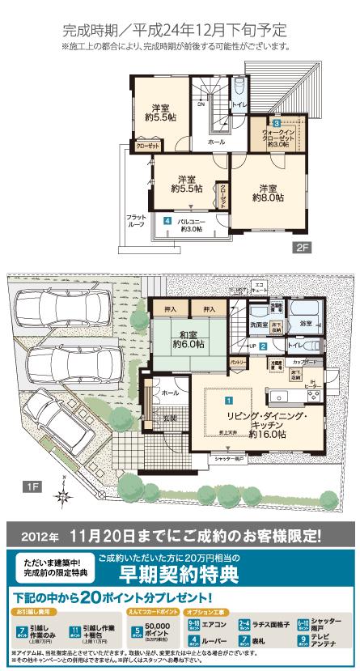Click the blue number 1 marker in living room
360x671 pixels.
tap(229, 399)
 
